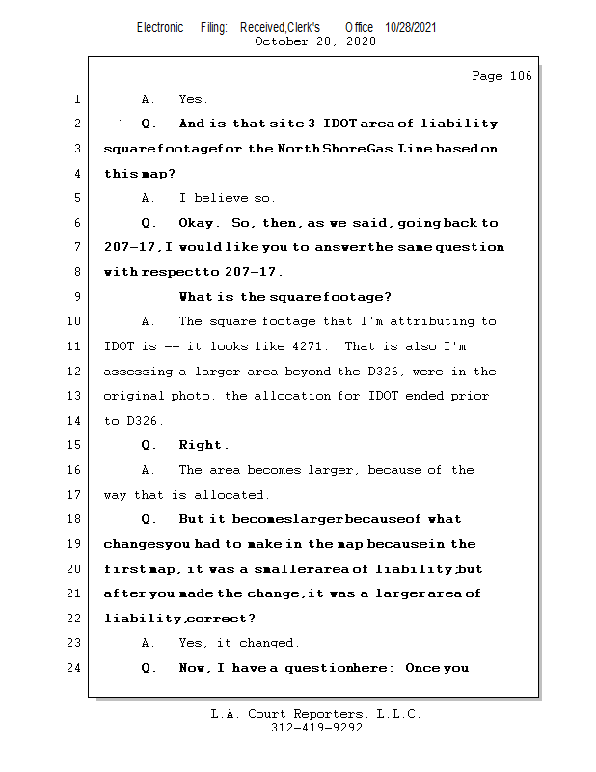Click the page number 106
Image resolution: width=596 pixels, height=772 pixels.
[x=520, y=76]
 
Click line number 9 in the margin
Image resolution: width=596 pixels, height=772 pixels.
[x=76, y=297]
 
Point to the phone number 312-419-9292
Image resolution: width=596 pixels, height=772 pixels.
[x=315, y=729]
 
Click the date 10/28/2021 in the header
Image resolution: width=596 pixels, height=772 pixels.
[x=410, y=28]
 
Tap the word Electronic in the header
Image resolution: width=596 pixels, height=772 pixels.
[x=160, y=28]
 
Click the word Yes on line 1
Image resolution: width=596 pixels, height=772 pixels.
[x=193, y=99]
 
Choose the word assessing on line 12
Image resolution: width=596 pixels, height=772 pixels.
[x=138, y=372]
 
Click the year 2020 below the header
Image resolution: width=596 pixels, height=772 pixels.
[x=360, y=41]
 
